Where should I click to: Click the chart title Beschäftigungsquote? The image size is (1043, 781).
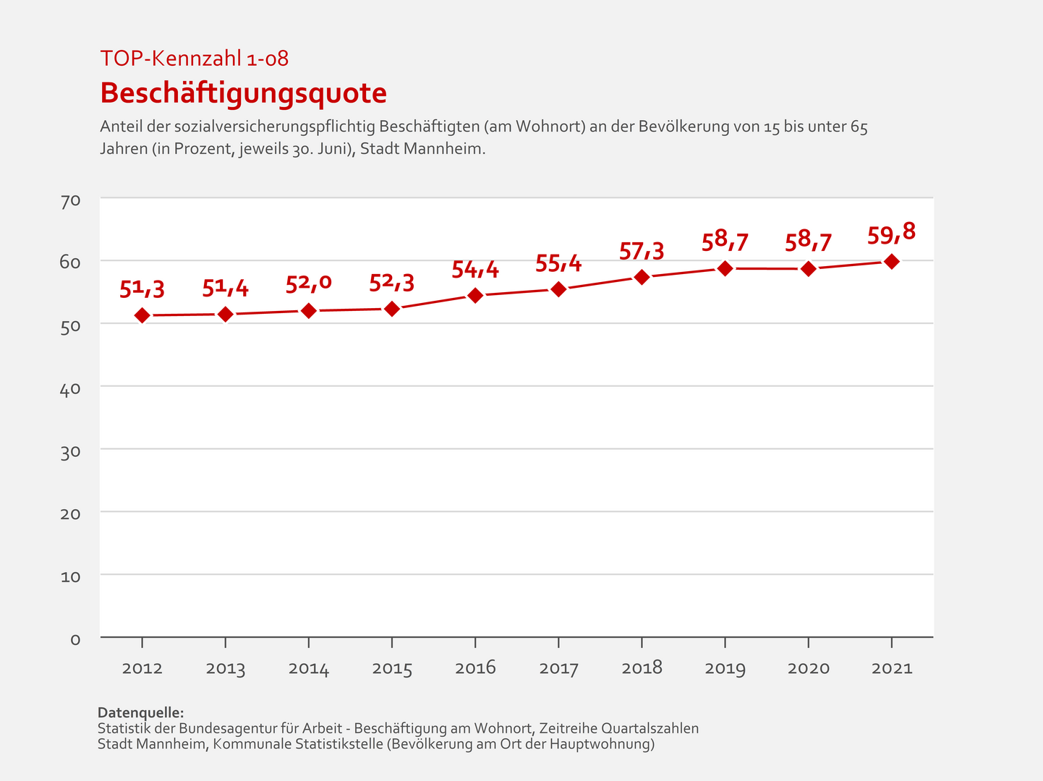[243, 93]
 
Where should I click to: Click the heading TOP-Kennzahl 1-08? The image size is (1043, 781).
[194, 59]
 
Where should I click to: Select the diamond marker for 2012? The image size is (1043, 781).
[142, 315]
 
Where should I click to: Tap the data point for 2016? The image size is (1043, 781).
[475, 295]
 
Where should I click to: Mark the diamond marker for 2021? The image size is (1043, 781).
[892, 261]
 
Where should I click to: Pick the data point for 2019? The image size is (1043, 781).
[725, 268]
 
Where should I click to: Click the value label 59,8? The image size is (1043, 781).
[891, 233]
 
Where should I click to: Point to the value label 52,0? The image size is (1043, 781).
[309, 283]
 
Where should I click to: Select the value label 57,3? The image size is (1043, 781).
[642, 251]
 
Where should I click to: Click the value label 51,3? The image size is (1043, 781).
[142, 289]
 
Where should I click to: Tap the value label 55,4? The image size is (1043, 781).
[558, 263]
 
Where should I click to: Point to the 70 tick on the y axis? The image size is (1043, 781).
[70, 200]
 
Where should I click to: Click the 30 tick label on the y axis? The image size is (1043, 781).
[70, 451]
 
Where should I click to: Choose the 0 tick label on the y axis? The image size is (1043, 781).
[75, 639]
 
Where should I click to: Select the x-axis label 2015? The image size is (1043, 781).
[392, 668]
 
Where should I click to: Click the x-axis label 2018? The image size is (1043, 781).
[642, 668]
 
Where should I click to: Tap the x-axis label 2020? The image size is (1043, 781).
[809, 668]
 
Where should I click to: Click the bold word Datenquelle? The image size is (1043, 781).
[140, 713]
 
